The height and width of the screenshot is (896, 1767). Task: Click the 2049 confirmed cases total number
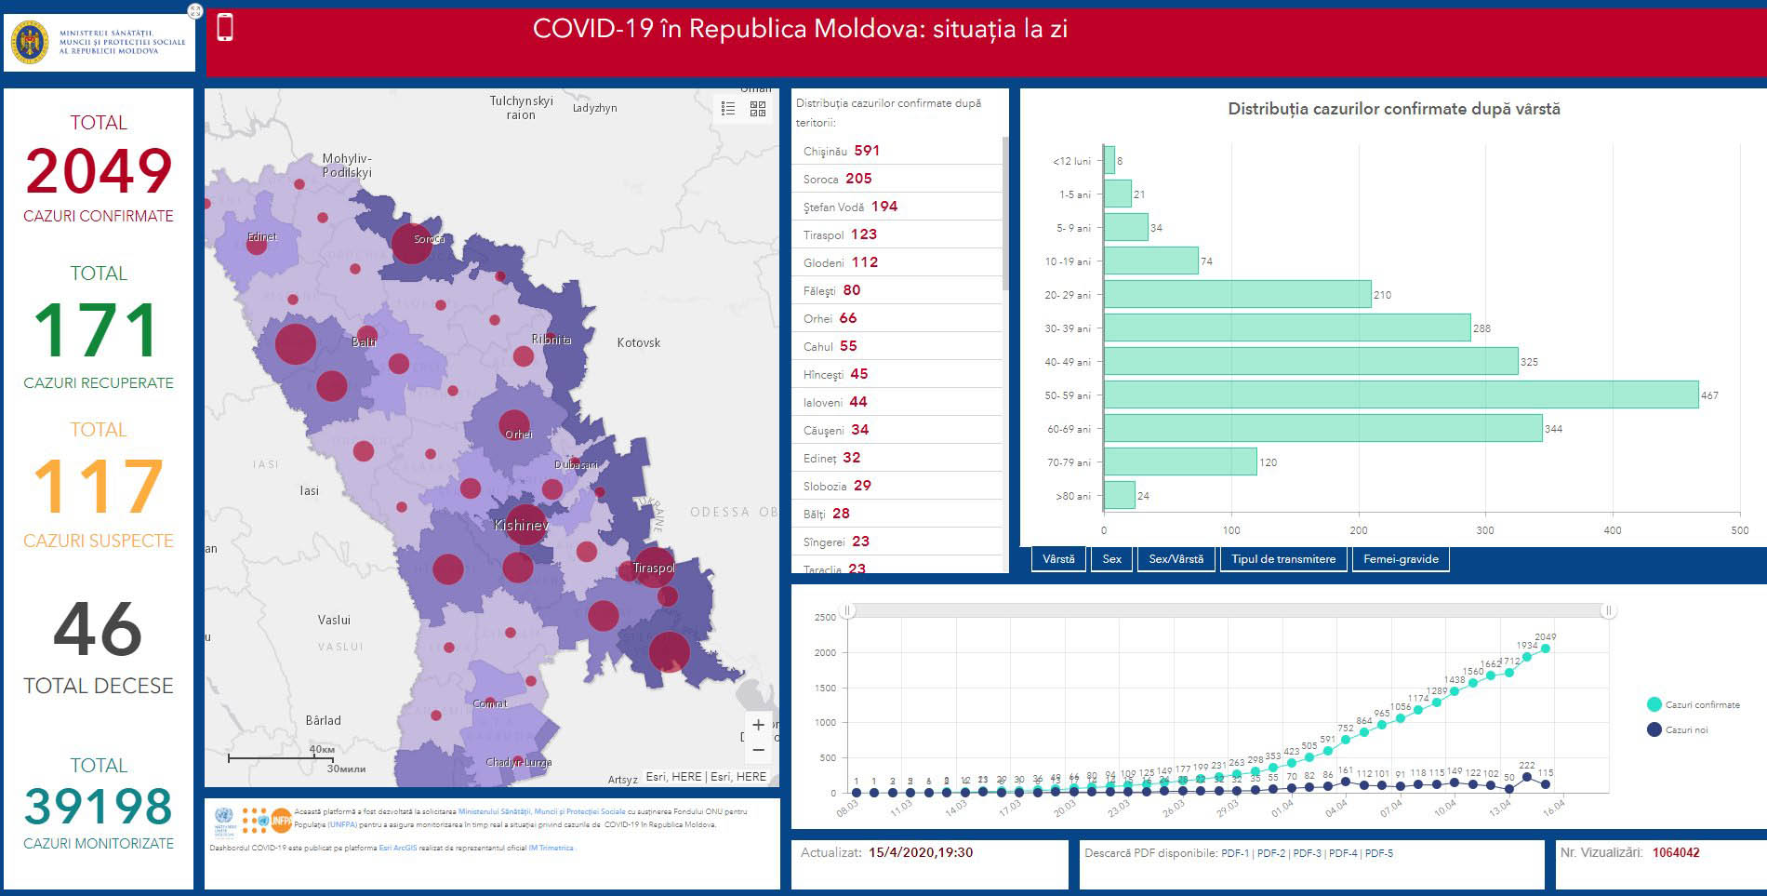[x=99, y=171]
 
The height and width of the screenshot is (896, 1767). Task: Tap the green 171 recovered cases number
[x=97, y=331]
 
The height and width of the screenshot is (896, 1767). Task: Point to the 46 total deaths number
[x=98, y=629]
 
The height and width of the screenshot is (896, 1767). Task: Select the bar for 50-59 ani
[x=1400, y=395]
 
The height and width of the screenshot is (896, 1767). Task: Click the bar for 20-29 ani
[x=1237, y=294]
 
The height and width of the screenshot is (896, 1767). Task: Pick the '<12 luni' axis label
[x=1071, y=161]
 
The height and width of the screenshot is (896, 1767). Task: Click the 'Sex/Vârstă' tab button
[x=1176, y=559]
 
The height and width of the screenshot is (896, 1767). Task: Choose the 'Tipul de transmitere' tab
[x=1282, y=559]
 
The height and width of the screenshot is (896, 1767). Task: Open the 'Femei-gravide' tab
[x=1400, y=559]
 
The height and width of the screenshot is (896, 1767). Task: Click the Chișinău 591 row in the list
[x=841, y=151]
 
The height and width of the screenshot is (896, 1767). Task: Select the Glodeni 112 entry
[x=841, y=262]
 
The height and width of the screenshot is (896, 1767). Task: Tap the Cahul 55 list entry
[x=830, y=346]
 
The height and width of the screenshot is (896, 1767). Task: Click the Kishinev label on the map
[x=521, y=526]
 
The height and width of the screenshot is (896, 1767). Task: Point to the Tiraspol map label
[x=654, y=568]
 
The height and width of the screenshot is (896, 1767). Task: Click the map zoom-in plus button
[x=758, y=725]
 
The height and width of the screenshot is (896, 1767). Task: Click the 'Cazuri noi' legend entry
[x=1685, y=730]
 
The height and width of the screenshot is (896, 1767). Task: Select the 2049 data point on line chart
[x=1545, y=649]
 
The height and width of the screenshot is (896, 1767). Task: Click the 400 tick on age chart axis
[x=1612, y=530]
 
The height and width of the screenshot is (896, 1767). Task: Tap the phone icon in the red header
[x=225, y=28]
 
